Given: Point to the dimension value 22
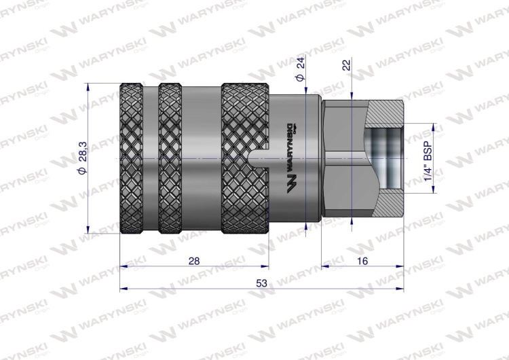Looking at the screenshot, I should click(x=347, y=65).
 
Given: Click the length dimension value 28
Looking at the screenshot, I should click(x=194, y=261).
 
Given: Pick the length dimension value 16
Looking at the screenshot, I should click(x=362, y=261).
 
